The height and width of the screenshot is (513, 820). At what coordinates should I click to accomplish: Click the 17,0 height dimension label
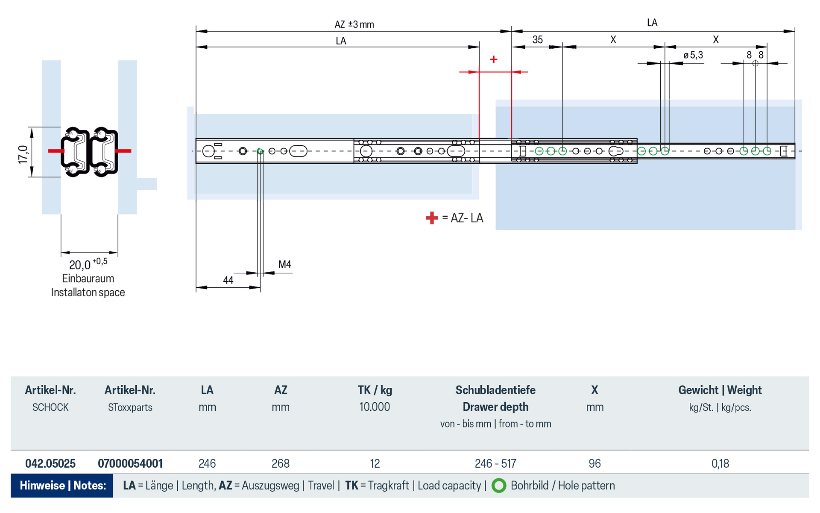(23, 154)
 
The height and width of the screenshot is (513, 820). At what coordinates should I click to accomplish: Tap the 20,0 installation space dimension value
(80, 265)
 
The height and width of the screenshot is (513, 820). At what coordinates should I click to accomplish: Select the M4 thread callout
(284, 265)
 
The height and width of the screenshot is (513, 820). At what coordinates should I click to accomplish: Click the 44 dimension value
(228, 280)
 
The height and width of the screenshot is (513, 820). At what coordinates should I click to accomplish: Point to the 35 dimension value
(537, 40)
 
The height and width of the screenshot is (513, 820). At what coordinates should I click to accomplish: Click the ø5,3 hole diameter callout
(693, 55)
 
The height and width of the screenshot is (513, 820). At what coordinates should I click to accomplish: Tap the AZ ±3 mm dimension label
(354, 24)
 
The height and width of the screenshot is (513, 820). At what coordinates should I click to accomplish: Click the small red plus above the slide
(494, 59)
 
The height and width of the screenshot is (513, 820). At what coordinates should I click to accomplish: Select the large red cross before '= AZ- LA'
(432, 218)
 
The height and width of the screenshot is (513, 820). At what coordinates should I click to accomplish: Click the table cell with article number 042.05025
(50, 463)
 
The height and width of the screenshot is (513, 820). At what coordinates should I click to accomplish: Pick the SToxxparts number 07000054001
(130, 463)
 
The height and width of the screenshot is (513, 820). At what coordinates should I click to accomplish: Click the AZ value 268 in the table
(281, 463)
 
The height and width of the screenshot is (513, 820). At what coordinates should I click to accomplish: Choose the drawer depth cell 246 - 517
(495, 463)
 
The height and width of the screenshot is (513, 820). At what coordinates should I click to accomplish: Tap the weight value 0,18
(720, 463)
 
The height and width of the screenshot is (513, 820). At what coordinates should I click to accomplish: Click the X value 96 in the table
(594, 463)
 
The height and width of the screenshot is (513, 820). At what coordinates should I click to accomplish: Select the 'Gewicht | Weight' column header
(720, 390)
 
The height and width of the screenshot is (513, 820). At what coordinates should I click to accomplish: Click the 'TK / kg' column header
(375, 390)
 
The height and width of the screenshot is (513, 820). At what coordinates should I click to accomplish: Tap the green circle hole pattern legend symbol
(499, 486)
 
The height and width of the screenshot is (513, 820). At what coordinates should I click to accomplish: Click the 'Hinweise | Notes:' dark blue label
(62, 486)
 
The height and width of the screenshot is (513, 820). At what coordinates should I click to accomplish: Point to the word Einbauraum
(88, 279)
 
